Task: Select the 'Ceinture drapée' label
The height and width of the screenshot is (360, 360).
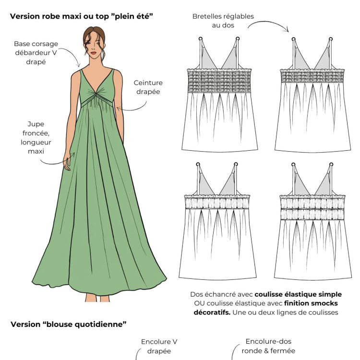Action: click(x=147, y=86)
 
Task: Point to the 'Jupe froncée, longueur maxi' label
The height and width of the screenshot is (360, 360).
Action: click(x=36, y=137)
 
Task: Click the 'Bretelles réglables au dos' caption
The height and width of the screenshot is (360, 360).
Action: click(x=223, y=21)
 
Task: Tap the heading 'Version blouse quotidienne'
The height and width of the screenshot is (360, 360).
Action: click(x=68, y=324)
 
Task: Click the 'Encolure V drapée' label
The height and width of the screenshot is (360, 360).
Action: click(x=156, y=346)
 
